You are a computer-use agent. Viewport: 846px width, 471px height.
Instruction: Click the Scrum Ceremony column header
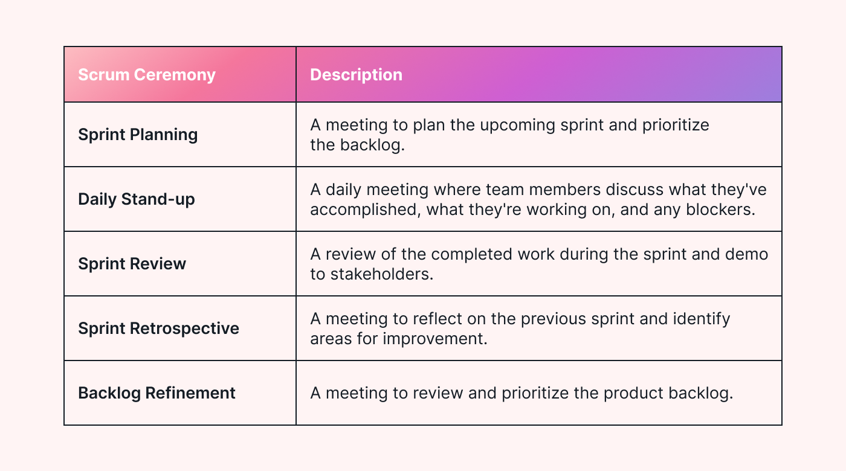coord(147,75)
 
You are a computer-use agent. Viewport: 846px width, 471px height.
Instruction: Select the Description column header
coord(356,75)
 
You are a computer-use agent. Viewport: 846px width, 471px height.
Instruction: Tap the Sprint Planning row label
coord(138,134)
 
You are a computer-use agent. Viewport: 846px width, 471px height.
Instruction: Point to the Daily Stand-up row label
coord(137,199)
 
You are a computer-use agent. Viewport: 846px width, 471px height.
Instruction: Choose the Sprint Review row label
coord(132,263)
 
